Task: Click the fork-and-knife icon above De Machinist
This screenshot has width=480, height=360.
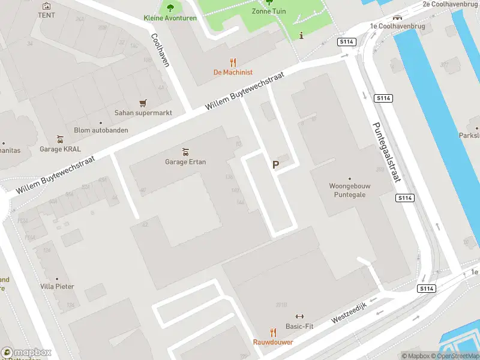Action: (x=233, y=62)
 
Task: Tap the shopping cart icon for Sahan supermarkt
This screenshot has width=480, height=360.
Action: (x=143, y=103)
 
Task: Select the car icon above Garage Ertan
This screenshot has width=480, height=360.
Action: (x=186, y=151)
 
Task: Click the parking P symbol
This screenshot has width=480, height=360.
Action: (x=276, y=164)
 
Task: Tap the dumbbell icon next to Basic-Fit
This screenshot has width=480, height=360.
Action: (x=300, y=316)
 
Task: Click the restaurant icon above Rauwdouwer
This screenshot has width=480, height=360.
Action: (x=273, y=332)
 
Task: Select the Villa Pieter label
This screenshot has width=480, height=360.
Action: (x=57, y=286)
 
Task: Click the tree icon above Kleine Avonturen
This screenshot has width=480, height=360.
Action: (x=170, y=8)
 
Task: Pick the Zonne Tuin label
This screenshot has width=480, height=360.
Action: (x=268, y=11)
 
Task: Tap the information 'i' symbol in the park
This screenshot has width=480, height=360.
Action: (x=301, y=35)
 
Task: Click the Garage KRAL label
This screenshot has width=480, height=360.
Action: (x=60, y=149)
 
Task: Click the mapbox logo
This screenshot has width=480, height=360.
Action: (x=27, y=352)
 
